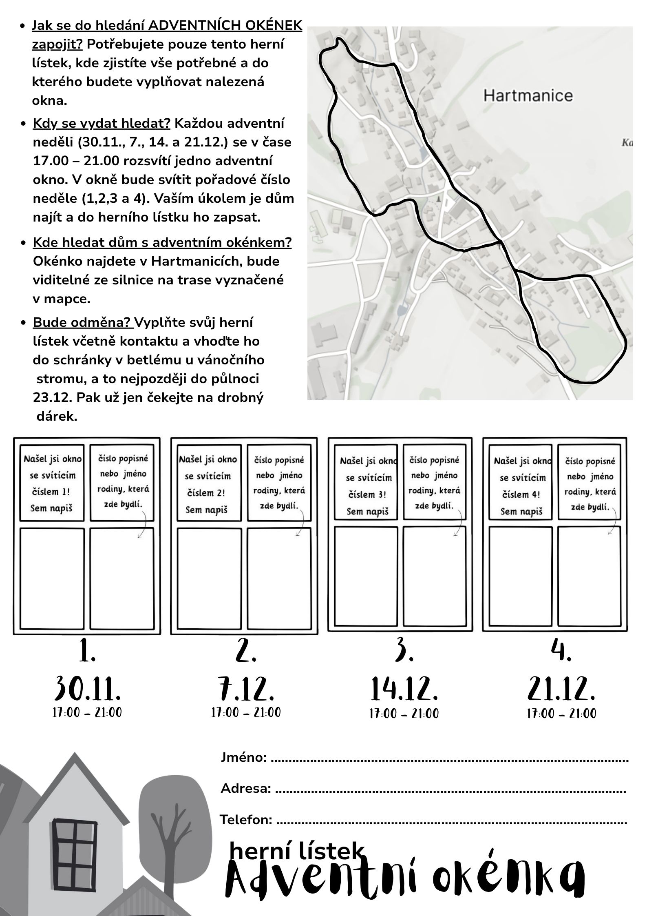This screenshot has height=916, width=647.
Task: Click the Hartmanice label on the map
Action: [x=528, y=96]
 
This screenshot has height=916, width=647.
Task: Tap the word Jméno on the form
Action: [x=243, y=758]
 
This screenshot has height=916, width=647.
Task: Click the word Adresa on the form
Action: [x=245, y=789]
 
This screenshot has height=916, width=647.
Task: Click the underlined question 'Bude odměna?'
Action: [x=83, y=322]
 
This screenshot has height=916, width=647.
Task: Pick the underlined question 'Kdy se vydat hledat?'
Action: [x=102, y=123]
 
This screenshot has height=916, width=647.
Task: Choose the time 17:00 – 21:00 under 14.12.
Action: [x=404, y=714]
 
